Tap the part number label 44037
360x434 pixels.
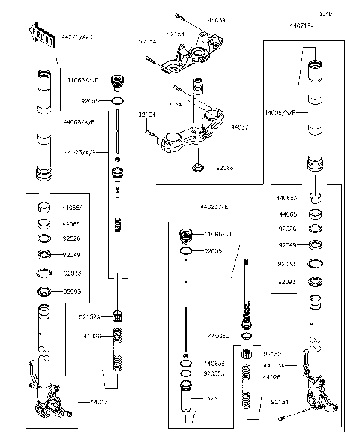coord(240,127)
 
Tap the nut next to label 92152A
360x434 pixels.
coord(117,315)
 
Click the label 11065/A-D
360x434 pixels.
coord(82,79)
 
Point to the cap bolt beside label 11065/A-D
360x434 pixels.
coord(116,81)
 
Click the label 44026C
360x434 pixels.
coord(218,335)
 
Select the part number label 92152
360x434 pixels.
coord(271,351)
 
